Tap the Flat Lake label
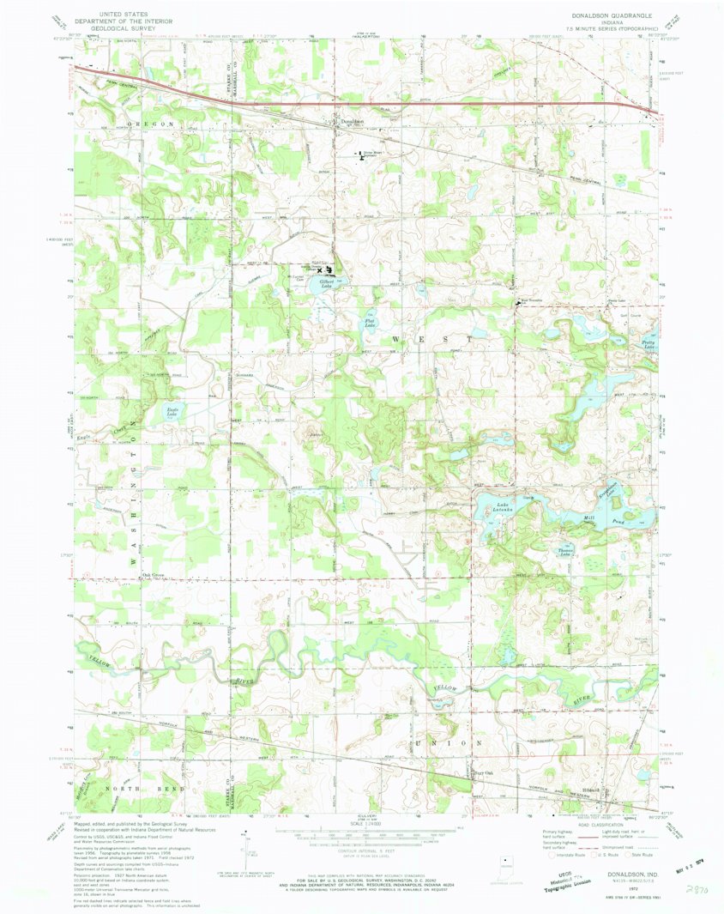coord(370,324)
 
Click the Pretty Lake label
coord(648,344)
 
